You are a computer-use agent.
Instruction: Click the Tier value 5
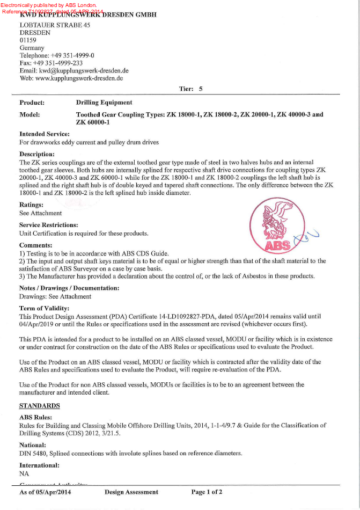coord(201,89)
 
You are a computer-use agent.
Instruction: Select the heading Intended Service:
coord(45,134)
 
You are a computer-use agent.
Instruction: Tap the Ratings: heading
coord(32,205)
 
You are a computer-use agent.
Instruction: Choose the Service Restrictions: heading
coord(49,225)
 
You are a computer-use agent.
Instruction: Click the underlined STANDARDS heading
coord(40,405)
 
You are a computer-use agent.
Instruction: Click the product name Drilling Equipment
coord(104,102)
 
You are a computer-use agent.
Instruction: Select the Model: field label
coord(30,114)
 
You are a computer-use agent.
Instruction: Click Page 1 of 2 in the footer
coord(207,492)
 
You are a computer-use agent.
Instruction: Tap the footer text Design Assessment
coord(131,492)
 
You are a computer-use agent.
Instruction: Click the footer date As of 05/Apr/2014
coord(45,492)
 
